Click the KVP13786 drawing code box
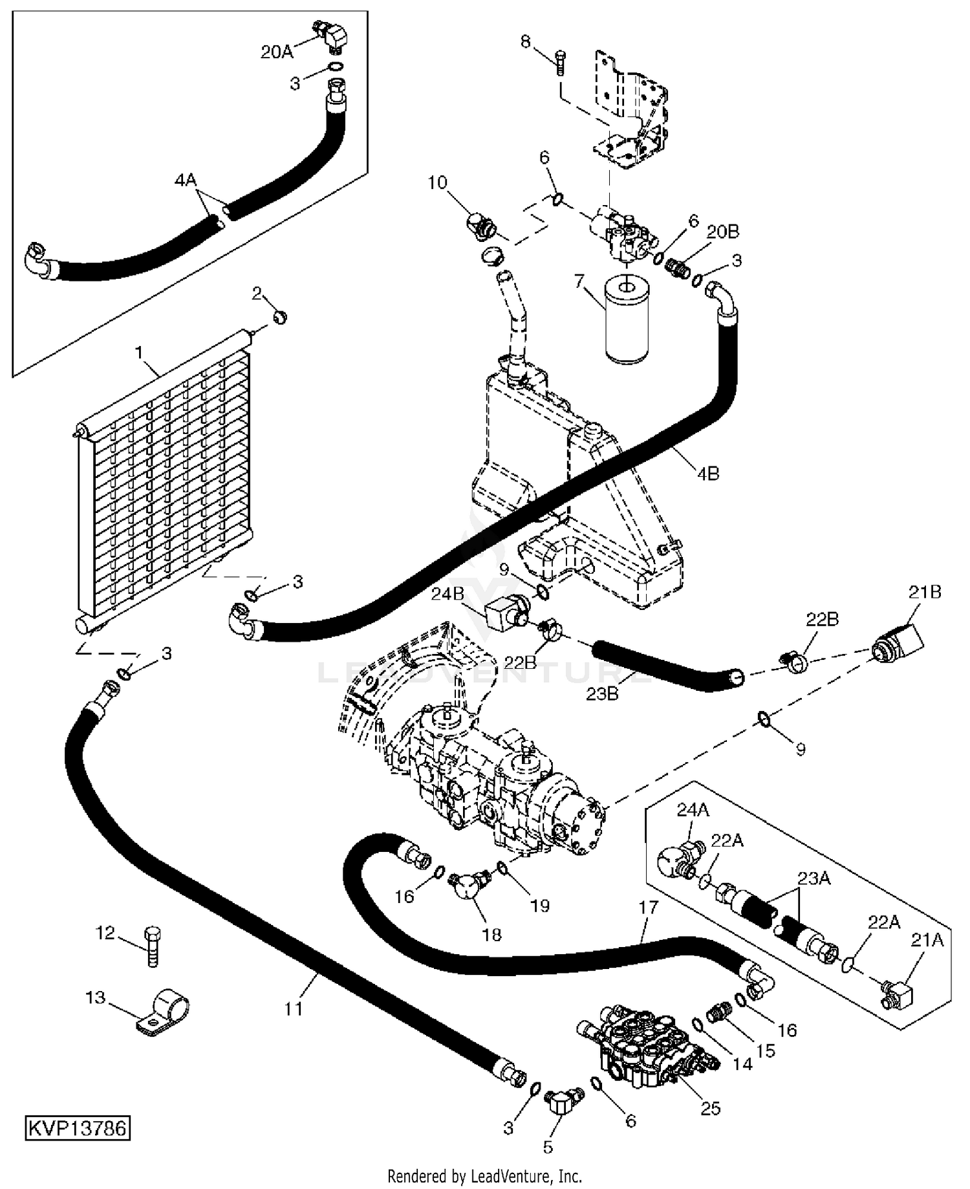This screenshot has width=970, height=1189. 78,1128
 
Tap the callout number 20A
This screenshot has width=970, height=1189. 277,52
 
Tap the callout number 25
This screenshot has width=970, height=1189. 711,1108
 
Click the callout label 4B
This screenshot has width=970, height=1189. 708,474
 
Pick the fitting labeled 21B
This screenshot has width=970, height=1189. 898,638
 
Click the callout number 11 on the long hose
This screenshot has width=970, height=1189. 294,1009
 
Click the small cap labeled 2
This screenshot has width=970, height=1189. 279,318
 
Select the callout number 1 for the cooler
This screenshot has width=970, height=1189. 138,352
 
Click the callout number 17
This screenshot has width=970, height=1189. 648,908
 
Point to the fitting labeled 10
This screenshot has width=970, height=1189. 481,225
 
